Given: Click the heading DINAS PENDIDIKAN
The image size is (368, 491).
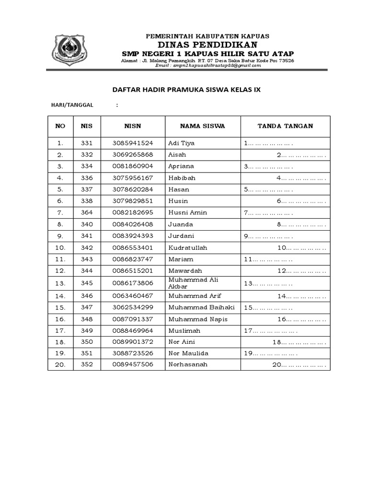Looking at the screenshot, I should pos(207,45).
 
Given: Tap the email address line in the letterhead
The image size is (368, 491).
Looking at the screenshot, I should pos(208,66).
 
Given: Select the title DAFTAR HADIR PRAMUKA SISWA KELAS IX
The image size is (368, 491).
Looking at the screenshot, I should pos(186,90).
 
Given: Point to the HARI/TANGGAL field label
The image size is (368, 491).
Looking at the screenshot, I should pos(73,105).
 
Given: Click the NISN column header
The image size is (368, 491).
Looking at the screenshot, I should pos(133,126).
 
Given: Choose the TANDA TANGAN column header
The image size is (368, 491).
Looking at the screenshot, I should pos(285,126).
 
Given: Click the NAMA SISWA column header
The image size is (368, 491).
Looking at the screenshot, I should pos(202,126).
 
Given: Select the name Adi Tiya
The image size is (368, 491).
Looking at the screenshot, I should pos(182,143).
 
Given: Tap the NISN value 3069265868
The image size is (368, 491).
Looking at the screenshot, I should pos(133,155).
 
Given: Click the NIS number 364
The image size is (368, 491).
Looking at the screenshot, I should pos(87,212).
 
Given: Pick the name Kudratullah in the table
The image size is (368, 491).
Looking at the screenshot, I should pos(191,248).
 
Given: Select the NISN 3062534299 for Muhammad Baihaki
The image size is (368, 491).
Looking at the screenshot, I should pos(133,307).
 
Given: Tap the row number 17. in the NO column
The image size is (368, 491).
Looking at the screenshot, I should pos(60,331).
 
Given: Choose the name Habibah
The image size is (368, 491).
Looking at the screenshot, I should pos(182,178).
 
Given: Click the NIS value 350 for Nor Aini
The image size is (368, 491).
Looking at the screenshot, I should pos(87,342).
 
